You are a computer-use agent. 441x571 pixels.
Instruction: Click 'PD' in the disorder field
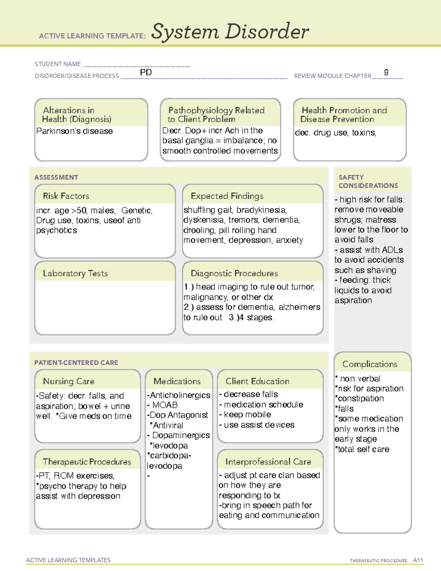pos(146,72)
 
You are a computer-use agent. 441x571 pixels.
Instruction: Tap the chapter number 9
pos(386,72)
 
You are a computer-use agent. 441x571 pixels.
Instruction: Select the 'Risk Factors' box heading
pos(66,196)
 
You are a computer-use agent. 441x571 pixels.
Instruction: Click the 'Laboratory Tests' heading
pos(75,273)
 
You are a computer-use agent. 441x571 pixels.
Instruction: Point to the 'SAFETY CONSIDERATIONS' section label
pos(368,182)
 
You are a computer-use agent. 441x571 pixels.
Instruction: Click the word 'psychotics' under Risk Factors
pos(57,231)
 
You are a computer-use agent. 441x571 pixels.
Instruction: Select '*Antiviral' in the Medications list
pos(166,425)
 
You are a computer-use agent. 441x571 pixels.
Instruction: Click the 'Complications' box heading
pos(369,364)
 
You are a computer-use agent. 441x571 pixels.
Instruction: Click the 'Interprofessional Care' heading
pos(268,462)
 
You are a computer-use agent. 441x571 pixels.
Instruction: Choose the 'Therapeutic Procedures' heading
pos(87,462)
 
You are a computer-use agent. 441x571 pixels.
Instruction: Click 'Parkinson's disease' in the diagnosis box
pos(74,131)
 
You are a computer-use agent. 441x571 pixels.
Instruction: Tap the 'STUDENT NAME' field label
pos(58,64)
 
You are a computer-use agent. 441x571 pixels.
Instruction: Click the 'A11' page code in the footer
pos(418,560)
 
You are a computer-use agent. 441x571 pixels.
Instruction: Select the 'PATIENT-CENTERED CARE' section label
pos(76,363)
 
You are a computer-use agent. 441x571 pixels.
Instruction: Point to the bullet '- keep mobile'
pos(245,415)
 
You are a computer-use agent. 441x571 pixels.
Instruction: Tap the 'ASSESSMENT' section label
pos(56,177)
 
